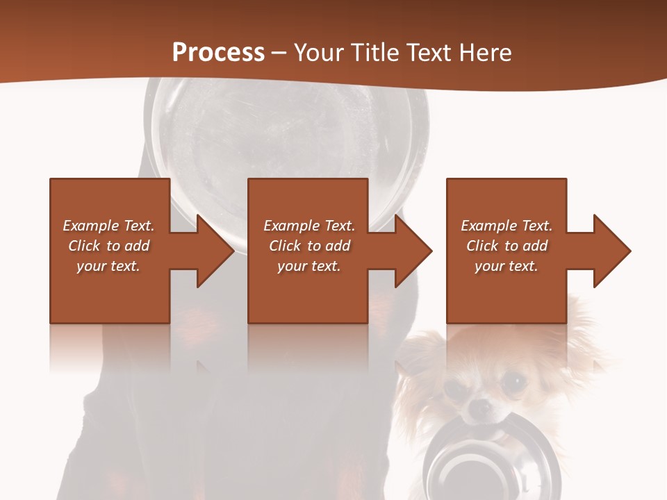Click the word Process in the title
[x=218, y=53]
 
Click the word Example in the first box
[x=90, y=226]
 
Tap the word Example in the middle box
[x=291, y=226]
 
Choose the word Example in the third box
[x=488, y=226]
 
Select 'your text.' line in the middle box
[x=308, y=266]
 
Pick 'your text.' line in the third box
[x=506, y=266]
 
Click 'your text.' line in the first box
[x=108, y=266]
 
